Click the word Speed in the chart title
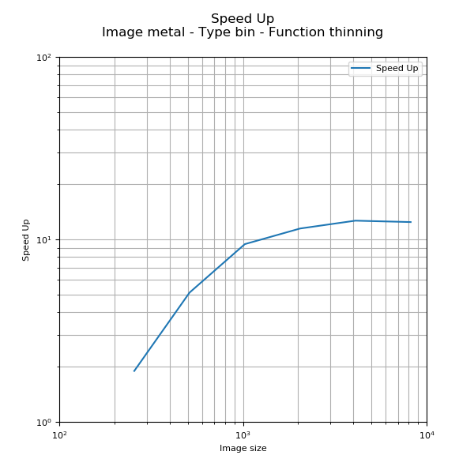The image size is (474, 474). (227, 18)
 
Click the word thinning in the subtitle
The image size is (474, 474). (353, 32)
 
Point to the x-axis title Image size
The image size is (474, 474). (243, 449)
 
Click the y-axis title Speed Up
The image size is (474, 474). (26, 239)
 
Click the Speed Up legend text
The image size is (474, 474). (397, 69)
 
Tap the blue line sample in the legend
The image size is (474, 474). (361, 69)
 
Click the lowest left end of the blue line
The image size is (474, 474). (134, 371)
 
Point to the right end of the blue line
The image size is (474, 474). (411, 222)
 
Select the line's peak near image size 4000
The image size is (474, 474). (355, 220)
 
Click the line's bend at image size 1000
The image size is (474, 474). (244, 244)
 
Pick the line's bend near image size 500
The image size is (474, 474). (190, 292)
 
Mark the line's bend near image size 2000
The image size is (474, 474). (299, 228)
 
